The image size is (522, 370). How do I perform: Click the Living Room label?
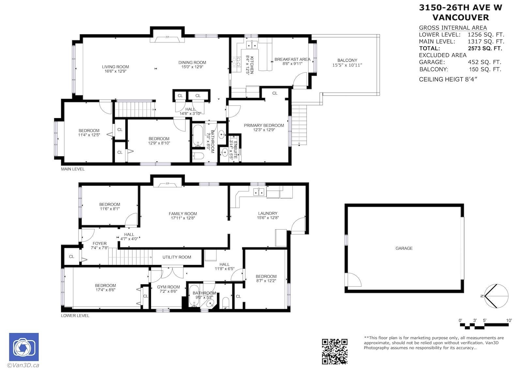tap(115, 67)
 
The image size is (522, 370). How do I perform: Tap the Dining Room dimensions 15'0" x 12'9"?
tap(192, 67)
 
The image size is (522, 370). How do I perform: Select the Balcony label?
tap(347, 60)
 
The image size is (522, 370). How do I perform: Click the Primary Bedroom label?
tap(264, 125)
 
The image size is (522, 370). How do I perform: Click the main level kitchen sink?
tap(252, 44)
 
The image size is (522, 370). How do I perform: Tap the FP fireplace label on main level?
tap(167, 37)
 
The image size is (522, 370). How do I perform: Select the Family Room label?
tap(183, 214)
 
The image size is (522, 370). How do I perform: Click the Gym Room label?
tap(168, 287)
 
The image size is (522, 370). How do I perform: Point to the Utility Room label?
tap(177, 257)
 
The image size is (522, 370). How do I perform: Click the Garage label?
tap(404, 248)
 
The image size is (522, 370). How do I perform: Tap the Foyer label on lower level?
tap(100, 244)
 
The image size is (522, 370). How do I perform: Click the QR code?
tap(335, 352)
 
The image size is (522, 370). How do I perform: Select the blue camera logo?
tap(24, 347)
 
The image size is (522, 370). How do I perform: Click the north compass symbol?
tap(496, 296)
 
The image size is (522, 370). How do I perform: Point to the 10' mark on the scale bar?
tap(509, 320)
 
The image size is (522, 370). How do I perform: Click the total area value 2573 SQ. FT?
tap(485, 49)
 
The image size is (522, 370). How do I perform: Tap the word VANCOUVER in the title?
tap(461, 18)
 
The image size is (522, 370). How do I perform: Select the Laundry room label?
tap(268, 213)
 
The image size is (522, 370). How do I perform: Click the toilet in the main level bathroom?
tap(198, 156)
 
